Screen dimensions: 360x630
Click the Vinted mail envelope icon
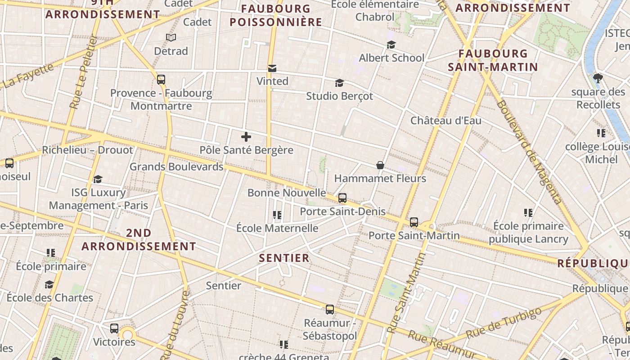pyautogui.click(x=272, y=68)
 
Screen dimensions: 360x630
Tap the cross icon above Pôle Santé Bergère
pyautogui.click(x=246, y=137)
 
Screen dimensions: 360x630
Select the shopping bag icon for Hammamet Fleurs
pyautogui.click(x=380, y=165)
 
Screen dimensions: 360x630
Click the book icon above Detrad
pyautogui.click(x=171, y=37)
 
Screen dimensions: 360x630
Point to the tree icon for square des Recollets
pyautogui.click(x=598, y=78)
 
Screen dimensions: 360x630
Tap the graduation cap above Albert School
pyautogui.click(x=391, y=45)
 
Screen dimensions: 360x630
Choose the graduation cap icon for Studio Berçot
pyautogui.click(x=339, y=83)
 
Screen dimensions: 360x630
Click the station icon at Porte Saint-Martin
pyautogui.click(x=414, y=222)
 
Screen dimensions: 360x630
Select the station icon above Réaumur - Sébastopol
pyautogui.click(x=330, y=309)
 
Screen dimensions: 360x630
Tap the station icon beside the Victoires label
pyautogui.click(x=114, y=328)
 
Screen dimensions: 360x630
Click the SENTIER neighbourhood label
pyautogui.click(x=284, y=258)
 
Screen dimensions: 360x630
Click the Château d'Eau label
pyautogui.click(x=445, y=121)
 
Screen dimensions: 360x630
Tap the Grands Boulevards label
pyautogui.click(x=176, y=166)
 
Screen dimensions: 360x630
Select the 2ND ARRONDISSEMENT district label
pyautogui.click(x=139, y=239)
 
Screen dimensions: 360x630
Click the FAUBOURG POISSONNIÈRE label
pyautogui.click(x=276, y=15)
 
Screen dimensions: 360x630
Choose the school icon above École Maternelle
pyautogui.click(x=277, y=215)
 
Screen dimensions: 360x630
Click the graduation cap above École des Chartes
pyautogui.click(x=49, y=284)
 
